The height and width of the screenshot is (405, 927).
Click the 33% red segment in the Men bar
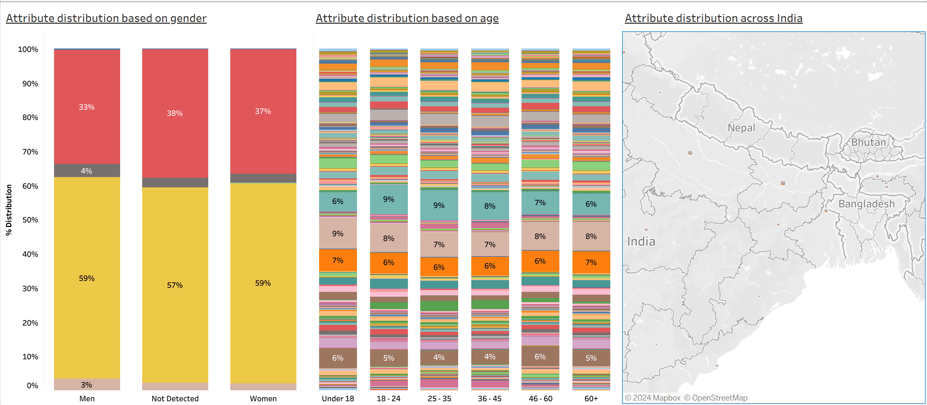(87, 107)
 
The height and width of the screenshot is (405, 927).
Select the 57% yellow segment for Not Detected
(175, 285)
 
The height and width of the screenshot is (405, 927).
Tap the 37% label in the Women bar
(263, 111)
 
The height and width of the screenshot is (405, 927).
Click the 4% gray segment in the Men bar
(87, 171)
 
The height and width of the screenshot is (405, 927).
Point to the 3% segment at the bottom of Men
(87, 384)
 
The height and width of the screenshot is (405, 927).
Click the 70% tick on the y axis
(30, 152)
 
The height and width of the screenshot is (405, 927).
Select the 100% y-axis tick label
(28, 49)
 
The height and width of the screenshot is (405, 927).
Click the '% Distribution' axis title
(9, 210)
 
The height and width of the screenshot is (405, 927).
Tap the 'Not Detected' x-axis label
(175, 398)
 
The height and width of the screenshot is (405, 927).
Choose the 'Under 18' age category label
(338, 398)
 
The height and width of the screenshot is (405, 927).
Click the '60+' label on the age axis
(591, 398)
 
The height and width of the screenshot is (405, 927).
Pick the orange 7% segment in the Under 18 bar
(338, 260)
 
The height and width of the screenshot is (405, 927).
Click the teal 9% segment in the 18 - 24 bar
(389, 199)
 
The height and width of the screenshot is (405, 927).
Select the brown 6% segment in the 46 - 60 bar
(540, 357)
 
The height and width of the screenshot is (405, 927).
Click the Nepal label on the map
(741, 128)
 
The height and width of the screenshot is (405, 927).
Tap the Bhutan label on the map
(868, 142)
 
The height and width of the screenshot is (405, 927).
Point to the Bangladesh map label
(866, 204)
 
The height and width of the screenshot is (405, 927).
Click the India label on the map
(641, 241)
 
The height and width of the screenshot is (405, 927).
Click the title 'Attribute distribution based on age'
(407, 18)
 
